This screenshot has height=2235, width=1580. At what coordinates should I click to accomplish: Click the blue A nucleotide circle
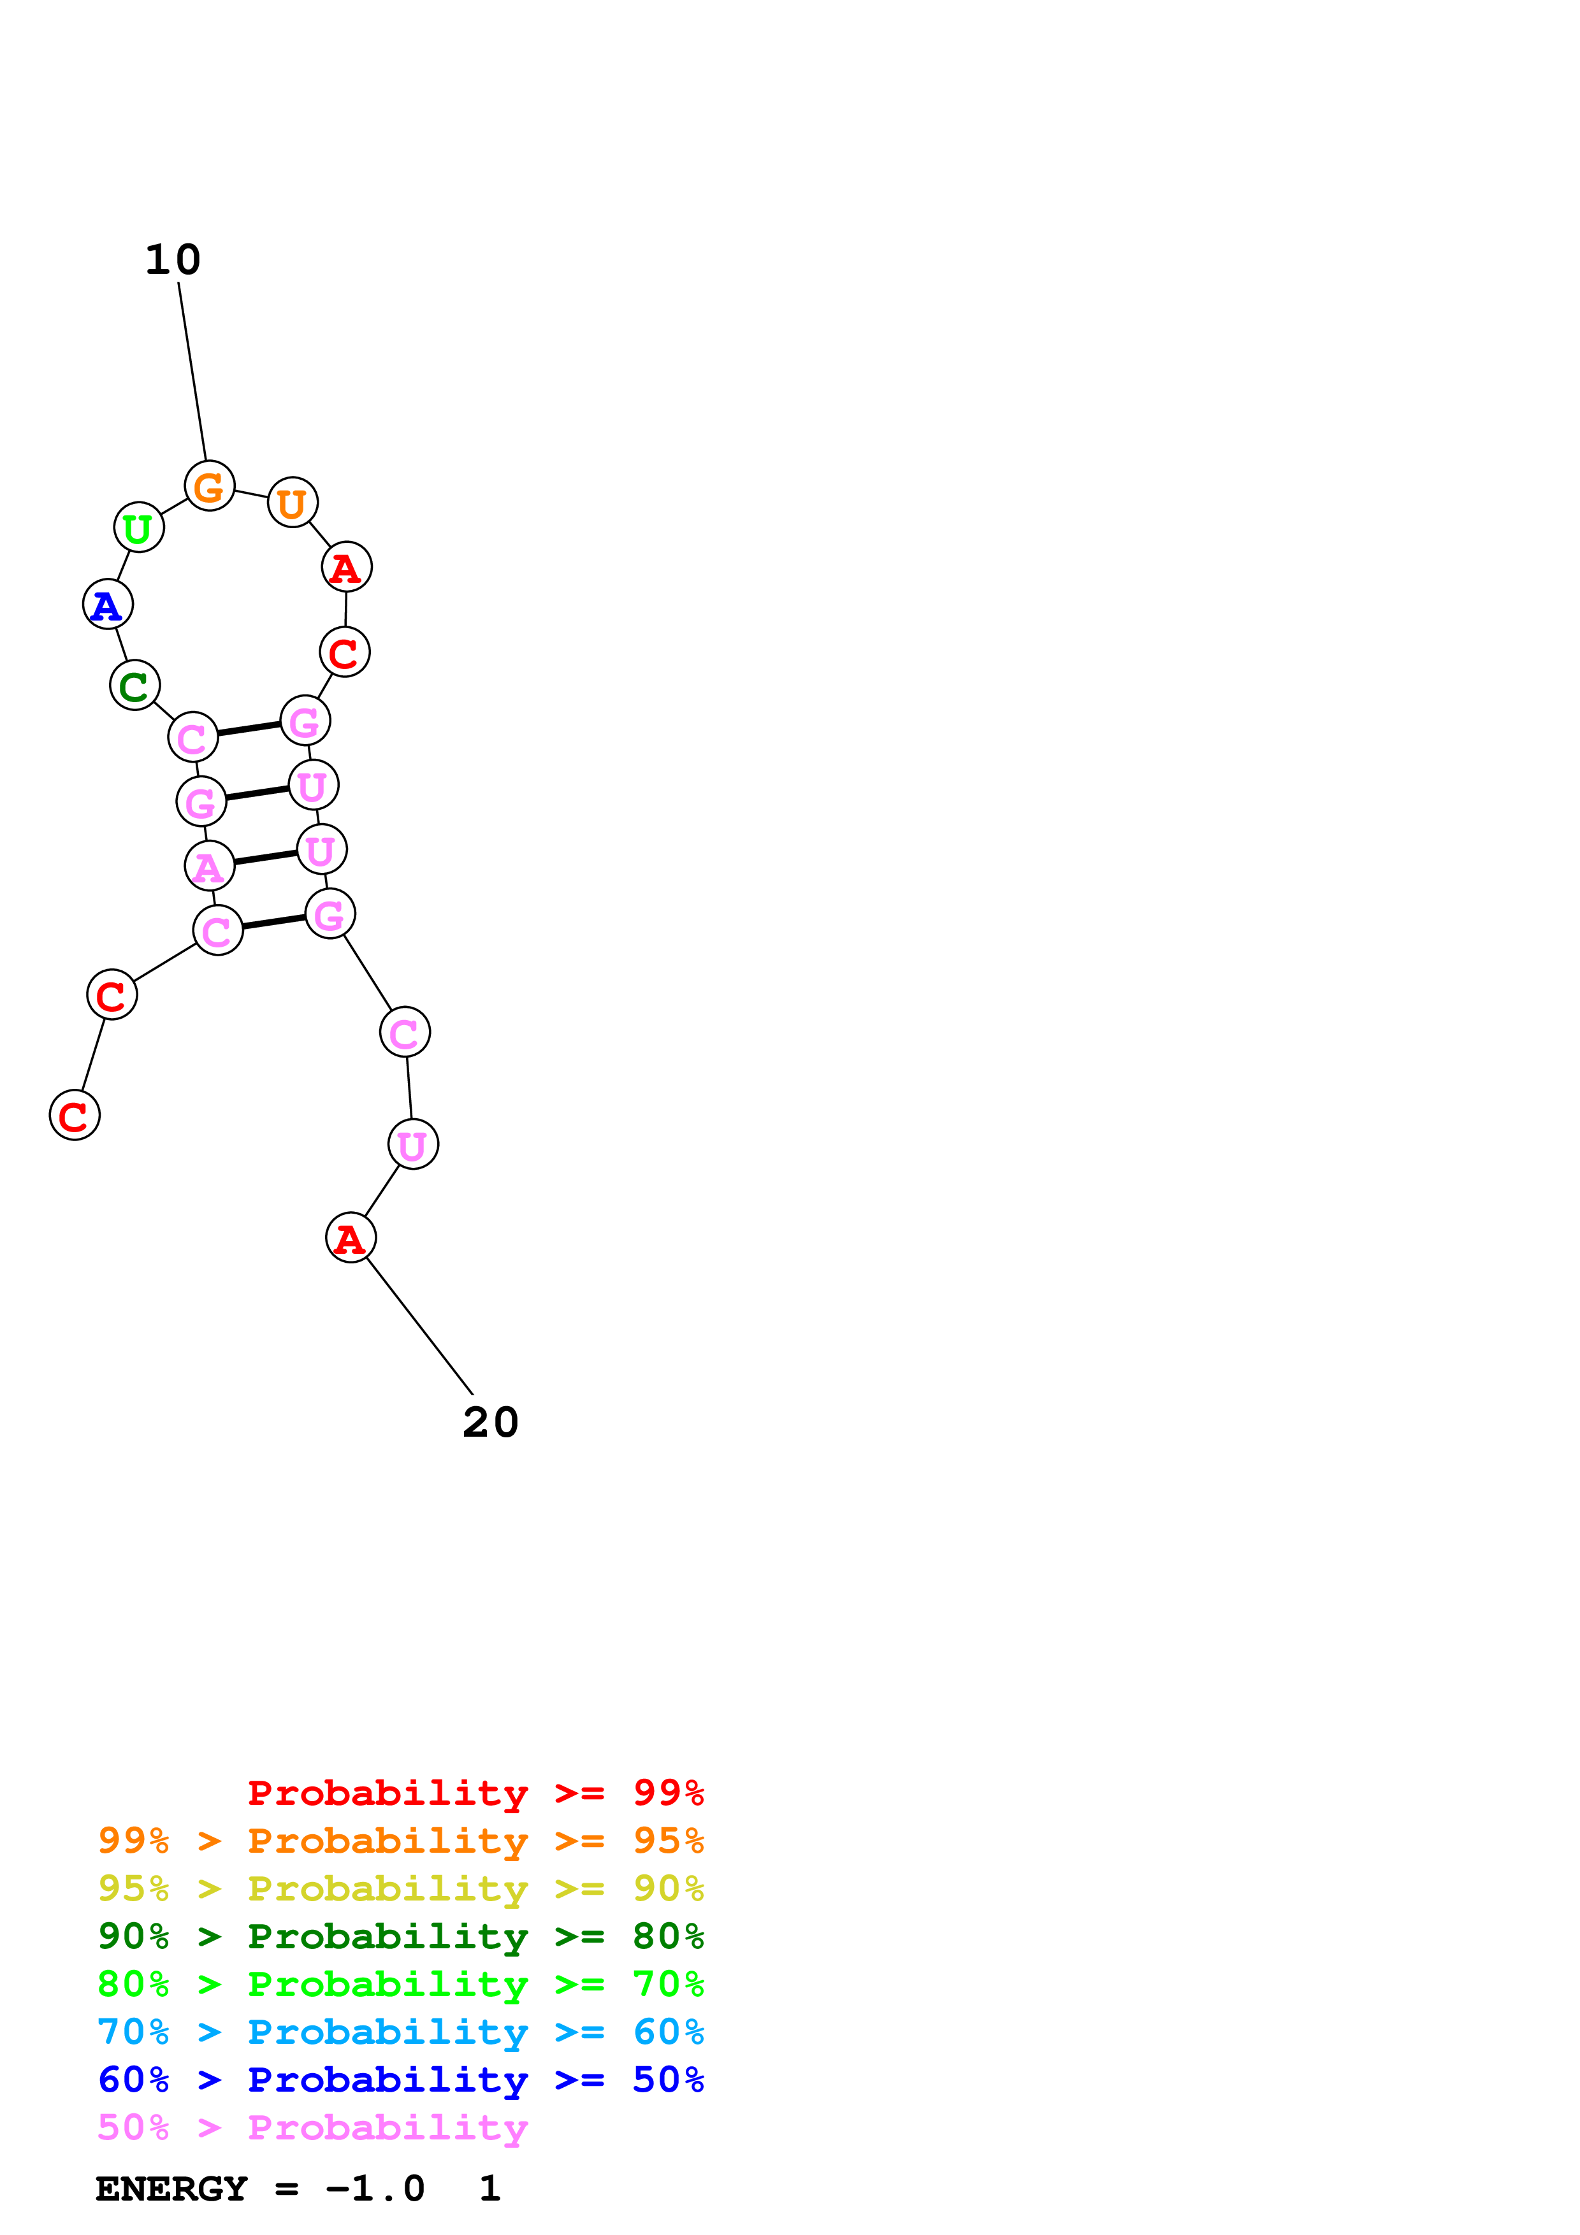pyautogui.click(x=107, y=605)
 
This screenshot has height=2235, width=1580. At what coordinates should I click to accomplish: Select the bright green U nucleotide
pyautogui.click(x=138, y=528)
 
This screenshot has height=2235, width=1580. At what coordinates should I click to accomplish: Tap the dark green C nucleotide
pyautogui.click(x=134, y=686)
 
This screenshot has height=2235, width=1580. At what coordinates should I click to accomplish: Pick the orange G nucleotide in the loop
pyautogui.click(x=209, y=485)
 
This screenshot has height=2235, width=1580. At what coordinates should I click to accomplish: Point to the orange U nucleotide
pyautogui.click(x=292, y=502)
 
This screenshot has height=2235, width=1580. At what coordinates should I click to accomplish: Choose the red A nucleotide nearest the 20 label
pyautogui.click(x=351, y=1237)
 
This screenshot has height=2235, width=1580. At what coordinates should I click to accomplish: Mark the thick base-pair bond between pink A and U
pyautogui.click(x=265, y=858)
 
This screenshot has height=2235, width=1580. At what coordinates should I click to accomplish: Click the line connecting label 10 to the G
pyautogui.click(x=192, y=371)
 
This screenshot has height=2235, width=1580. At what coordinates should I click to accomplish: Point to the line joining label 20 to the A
pyautogui.click(x=419, y=1326)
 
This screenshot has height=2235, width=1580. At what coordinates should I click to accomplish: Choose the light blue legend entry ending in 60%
pyautogui.click(x=400, y=2032)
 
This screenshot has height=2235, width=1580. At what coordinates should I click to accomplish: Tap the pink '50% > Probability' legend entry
pyautogui.click(x=312, y=2127)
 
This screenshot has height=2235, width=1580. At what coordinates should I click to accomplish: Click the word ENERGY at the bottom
pyautogui.click(x=171, y=2189)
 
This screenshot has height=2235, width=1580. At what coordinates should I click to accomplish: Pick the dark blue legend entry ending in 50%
pyautogui.click(x=400, y=2080)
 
